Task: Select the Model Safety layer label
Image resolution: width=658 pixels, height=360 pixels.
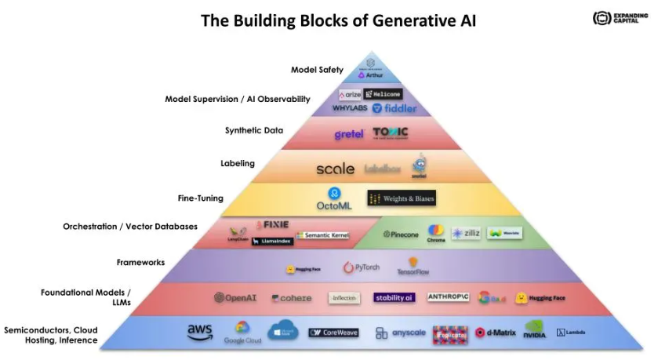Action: pos(317,70)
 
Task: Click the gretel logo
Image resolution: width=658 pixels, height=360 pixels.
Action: pos(349,134)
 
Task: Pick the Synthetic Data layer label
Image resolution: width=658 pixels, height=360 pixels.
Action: pos(254,131)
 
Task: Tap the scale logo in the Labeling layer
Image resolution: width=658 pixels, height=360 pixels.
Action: pos(336,169)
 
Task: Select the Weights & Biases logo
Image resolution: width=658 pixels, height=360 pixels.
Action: pos(401,198)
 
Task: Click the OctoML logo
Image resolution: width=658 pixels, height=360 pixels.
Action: pos(335,199)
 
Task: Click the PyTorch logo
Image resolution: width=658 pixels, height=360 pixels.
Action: pos(362,267)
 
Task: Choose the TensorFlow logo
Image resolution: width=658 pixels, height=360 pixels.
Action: pos(413,267)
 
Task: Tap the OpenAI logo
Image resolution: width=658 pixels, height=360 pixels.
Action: pos(235,298)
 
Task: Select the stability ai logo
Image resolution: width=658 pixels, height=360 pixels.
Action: pos(394,298)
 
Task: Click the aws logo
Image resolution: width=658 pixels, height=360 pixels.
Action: pos(200,332)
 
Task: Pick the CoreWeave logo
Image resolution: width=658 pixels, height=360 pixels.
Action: pos(333,333)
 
